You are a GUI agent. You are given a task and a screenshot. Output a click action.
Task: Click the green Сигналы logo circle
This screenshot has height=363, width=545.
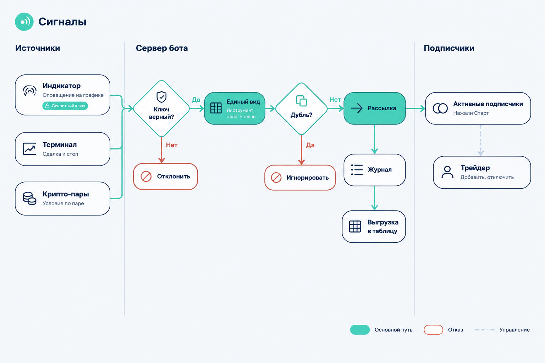coord(24,22)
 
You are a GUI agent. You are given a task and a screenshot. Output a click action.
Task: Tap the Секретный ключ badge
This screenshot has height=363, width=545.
coord(65,106)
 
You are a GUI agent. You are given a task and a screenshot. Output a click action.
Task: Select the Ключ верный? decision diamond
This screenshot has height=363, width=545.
coord(161,108)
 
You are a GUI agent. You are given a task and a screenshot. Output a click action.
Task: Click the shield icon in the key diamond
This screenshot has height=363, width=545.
coord(161,97)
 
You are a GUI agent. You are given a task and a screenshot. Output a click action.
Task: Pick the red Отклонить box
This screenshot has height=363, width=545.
coord(165,177)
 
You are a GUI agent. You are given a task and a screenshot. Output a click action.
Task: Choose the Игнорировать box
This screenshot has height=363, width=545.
coord(300,178)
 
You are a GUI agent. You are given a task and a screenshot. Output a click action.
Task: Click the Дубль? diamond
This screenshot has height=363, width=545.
coord(302,108)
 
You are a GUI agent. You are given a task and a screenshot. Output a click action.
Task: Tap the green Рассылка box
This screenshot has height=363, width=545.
coord(374,108)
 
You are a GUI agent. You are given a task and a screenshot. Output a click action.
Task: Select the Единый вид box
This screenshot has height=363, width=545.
coord(235,108)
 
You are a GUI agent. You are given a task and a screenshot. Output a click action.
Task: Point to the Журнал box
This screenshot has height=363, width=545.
coord(374,170)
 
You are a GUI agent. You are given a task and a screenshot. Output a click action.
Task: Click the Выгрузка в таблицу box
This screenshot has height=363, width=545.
coord(374,227)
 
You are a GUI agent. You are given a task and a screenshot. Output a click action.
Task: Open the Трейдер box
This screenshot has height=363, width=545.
coord(482,172)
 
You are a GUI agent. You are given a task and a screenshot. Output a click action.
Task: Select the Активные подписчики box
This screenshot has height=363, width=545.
coord(478,108)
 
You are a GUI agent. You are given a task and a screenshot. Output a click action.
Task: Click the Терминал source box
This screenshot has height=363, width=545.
coord(62,149)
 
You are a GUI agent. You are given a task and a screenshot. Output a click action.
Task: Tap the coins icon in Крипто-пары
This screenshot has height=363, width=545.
coord(29,199)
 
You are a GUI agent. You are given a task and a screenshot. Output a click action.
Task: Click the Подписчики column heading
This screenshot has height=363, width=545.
coord(449,48)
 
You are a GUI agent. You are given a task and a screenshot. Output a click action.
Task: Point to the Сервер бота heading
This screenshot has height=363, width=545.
coord(162,48)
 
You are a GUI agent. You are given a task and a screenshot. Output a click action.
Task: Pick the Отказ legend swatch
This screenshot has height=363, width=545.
coord(433,330)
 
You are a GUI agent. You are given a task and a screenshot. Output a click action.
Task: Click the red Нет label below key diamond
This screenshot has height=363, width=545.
coord(171,145)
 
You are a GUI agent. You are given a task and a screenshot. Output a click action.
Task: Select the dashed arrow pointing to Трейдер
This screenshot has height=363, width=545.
coord(480,140)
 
